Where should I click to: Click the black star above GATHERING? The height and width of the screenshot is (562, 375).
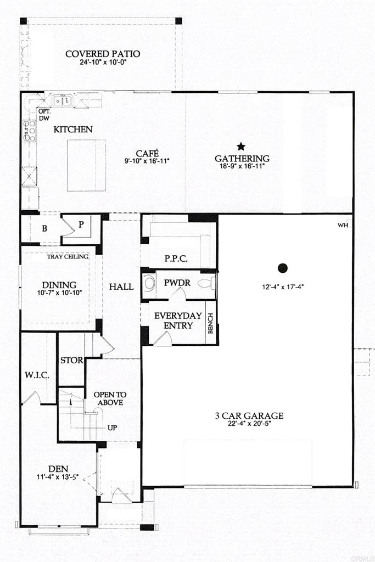(x=241, y=146)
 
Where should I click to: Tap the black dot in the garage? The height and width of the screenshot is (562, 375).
(x=283, y=268)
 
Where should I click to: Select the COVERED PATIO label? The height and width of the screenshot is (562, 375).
(x=103, y=54)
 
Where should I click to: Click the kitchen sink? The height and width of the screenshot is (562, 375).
(x=63, y=101)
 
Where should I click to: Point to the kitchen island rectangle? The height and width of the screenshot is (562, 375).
(x=86, y=165)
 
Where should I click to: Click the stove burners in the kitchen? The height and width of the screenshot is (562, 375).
(x=30, y=131)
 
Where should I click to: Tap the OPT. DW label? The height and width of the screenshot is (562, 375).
(x=44, y=115)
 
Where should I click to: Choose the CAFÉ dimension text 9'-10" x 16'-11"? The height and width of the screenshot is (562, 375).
(x=147, y=161)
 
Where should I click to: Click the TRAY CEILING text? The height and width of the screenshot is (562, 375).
(x=68, y=257)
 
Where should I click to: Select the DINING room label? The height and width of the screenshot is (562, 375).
(x=59, y=285)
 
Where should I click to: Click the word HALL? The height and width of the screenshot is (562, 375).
(x=121, y=286)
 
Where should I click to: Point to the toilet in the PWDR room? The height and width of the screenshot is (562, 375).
(x=207, y=283)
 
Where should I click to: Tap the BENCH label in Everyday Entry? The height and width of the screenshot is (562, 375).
(x=210, y=323)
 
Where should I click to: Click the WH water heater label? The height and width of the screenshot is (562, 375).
(x=343, y=226)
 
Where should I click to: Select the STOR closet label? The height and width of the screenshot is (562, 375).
(x=72, y=360)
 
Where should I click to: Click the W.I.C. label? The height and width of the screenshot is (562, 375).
(x=37, y=375)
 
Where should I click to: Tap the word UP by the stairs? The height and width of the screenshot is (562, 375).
(x=112, y=428)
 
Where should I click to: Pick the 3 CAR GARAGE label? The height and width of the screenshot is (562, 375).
(x=249, y=416)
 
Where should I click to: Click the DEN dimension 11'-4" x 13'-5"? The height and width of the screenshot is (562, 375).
(x=57, y=477)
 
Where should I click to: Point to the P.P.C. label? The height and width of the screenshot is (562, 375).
(x=176, y=259)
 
